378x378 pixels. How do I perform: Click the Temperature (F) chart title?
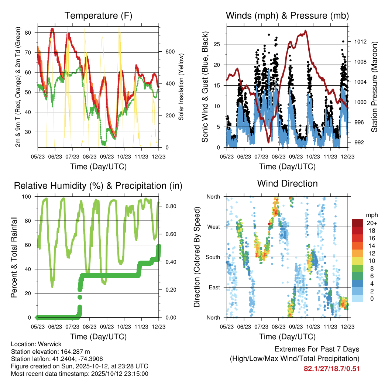[98, 16]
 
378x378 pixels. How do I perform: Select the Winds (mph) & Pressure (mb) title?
[287, 16]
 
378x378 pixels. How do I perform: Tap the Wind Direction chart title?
[287, 183]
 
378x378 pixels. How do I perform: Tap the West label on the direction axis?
[214, 227]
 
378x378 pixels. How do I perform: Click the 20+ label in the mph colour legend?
[370, 223]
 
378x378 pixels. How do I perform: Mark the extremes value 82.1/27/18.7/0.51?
[331, 368]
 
